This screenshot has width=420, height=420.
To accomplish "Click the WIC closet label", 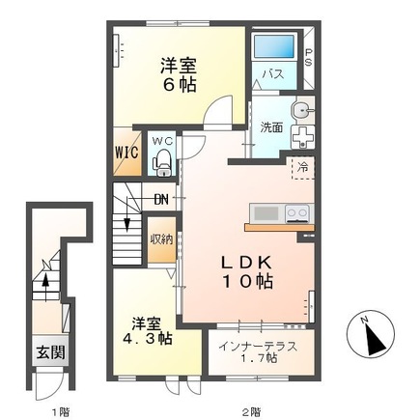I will click(127, 152).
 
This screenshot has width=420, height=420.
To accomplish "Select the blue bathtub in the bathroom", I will click(274, 46).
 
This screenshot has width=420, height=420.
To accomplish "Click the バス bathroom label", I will click(273, 74).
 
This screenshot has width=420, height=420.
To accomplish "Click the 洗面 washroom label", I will click(270, 126).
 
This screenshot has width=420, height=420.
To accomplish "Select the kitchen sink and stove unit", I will click(280, 211).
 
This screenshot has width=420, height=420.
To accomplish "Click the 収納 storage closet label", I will click(160, 238).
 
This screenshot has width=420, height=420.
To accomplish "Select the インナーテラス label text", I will click(257, 347).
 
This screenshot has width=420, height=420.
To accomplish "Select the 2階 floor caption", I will click(252, 409).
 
